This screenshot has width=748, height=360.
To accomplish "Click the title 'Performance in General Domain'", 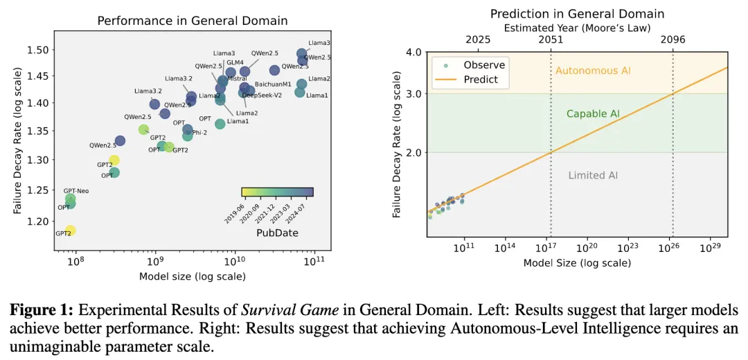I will pos(192,21).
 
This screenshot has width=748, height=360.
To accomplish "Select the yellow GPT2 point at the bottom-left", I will pos(70,231).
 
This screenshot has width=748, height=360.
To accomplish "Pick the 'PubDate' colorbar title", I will pos(277,233).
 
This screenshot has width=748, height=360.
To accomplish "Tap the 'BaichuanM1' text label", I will pos(273,84).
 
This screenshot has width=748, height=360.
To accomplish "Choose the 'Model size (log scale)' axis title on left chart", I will pos(193,277).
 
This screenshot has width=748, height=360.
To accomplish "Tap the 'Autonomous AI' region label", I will pos(593,71).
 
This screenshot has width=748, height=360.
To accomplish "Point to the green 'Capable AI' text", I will pos(593,114).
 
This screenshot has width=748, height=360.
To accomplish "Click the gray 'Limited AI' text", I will pos(593,176).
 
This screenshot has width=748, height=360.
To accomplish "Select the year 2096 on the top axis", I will pos(673,39).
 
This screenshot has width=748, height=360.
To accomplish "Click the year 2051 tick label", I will pos(551,39).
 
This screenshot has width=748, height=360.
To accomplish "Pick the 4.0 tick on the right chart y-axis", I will pos(413,53).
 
